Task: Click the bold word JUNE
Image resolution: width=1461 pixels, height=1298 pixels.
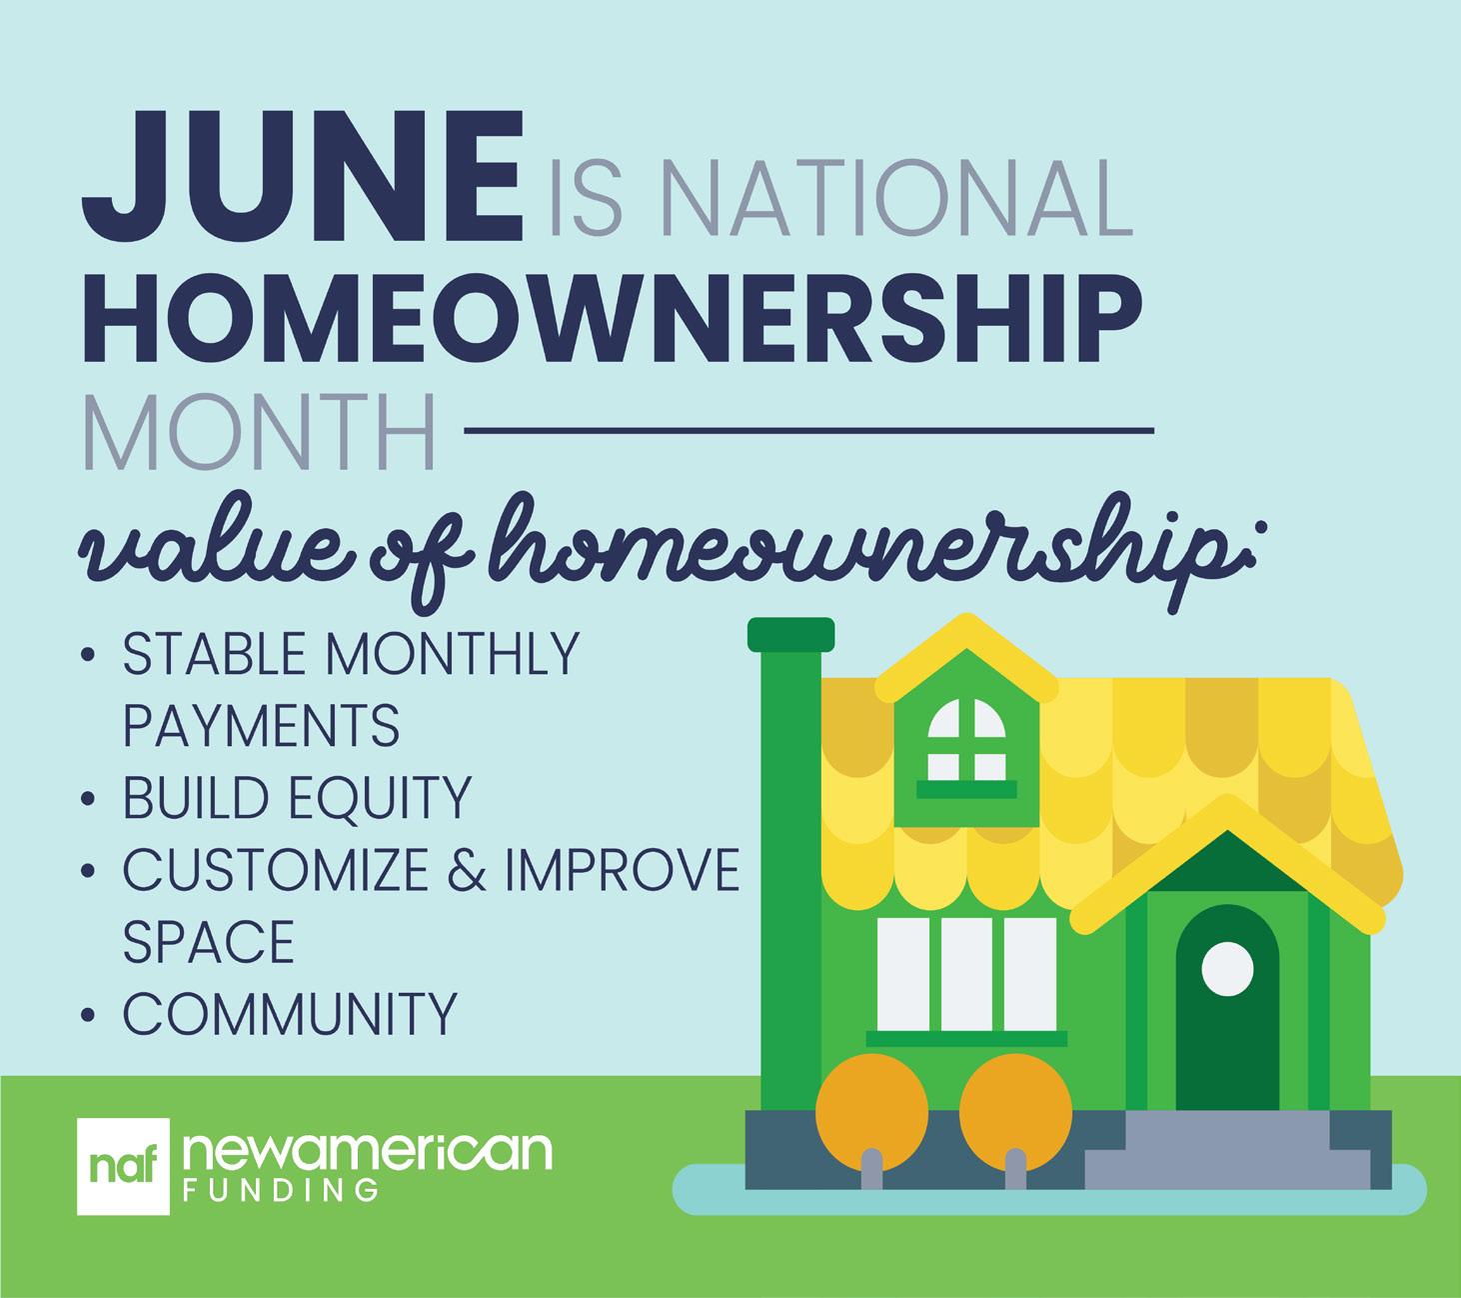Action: tap(302, 177)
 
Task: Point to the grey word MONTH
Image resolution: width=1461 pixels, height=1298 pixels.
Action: tap(260, 431)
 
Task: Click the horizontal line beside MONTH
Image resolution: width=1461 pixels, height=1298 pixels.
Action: tap(809, 431)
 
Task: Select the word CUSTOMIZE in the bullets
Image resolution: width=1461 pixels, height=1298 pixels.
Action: tap(276, 869)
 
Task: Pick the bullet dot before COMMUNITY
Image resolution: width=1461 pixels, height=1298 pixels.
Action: tap(88, 1015)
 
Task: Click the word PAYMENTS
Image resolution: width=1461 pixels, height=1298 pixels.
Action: tap(261, 725)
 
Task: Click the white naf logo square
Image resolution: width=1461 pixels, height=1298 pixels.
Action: tap(123, 1167)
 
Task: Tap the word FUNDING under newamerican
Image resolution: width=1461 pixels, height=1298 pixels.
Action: tap(281, 1190)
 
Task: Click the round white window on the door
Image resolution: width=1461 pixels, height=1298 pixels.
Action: tap(1227, 968)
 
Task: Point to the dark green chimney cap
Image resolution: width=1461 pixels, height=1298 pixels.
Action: tap(791, 634)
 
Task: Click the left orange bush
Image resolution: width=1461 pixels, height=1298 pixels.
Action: tap(871, 1112)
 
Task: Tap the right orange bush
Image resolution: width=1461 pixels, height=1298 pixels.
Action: tap(1015, 1112)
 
